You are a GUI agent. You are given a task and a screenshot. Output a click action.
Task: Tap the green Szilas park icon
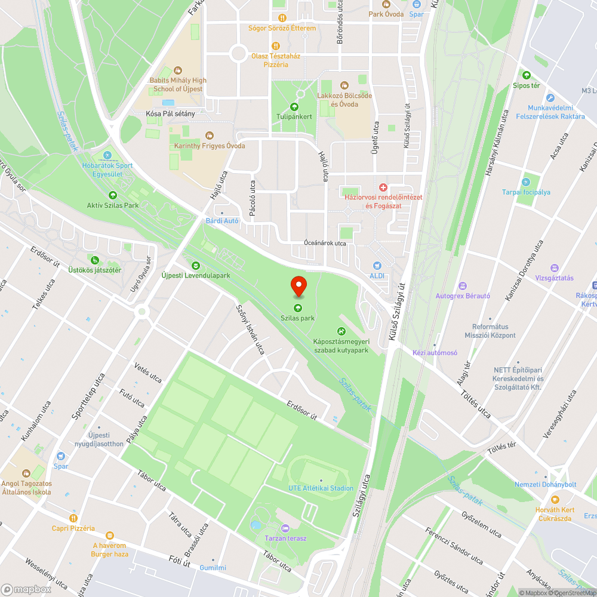298,307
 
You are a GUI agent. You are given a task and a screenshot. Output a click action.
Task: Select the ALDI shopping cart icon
377,266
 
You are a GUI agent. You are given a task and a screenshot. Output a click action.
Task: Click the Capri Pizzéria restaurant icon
73,518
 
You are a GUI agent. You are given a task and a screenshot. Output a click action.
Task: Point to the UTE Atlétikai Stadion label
321,488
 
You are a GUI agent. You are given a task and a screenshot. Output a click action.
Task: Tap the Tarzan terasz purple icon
285,528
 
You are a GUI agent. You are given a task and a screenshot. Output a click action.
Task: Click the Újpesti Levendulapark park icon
195,265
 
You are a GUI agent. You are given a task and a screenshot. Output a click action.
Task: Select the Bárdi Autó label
221,220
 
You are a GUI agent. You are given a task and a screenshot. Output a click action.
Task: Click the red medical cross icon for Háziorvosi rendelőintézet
383,187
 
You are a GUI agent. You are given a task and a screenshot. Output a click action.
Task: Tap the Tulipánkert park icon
294,106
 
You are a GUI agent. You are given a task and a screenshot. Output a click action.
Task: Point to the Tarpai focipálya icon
526,181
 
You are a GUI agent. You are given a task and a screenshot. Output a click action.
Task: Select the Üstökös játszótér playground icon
94,260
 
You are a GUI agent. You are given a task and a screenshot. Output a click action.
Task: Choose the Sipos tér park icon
526,75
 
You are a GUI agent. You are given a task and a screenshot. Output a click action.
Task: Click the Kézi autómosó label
435,352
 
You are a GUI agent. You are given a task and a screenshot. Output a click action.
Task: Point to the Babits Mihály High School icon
178,70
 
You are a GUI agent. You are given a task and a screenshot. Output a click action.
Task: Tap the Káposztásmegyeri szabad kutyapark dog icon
341,331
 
